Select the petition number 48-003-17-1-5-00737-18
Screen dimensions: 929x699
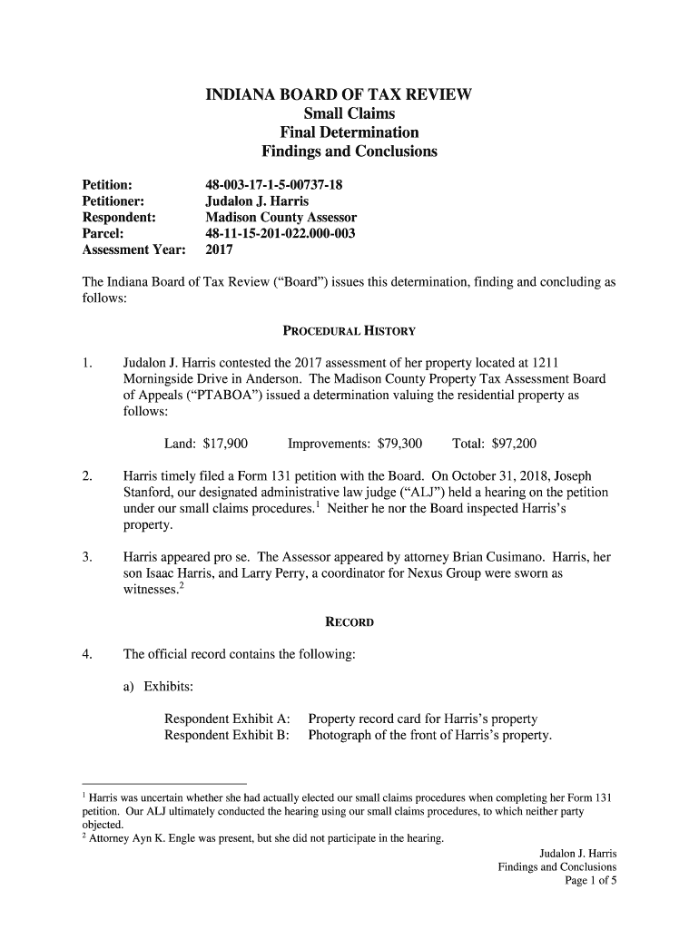274,185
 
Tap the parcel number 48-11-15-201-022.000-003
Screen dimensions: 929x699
280,233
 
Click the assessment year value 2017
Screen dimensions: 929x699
220,249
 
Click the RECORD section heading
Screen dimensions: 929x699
349,623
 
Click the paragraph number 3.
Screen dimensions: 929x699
86,556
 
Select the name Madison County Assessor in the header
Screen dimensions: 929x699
281,218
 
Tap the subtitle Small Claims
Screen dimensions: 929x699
349,114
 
